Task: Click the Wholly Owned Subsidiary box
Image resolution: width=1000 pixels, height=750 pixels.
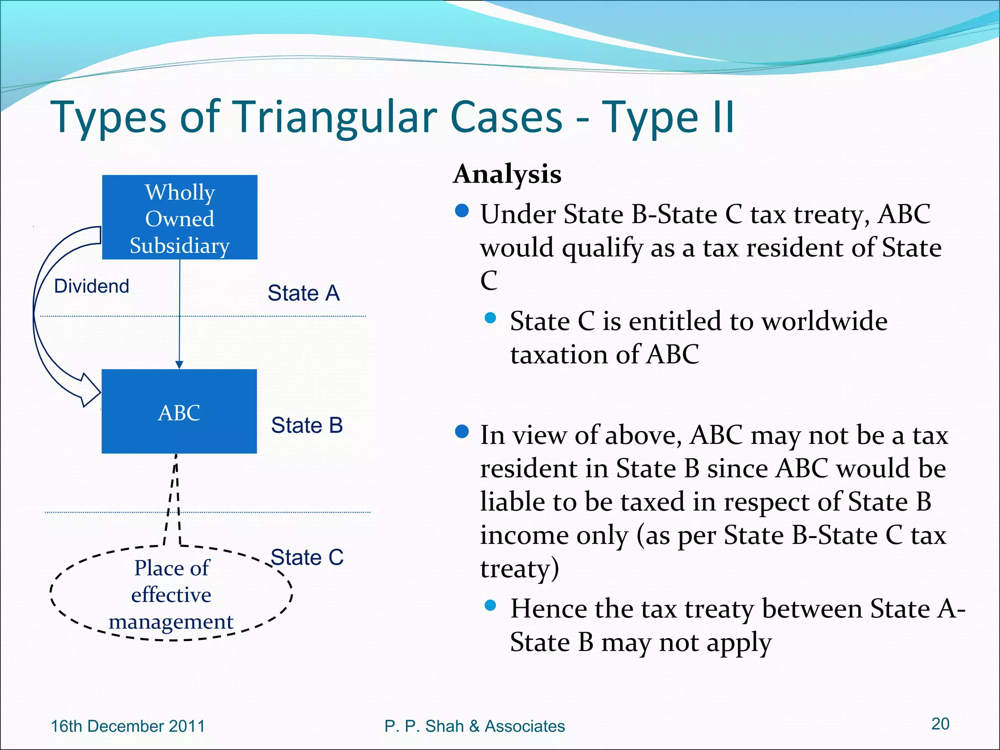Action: pos(179,217)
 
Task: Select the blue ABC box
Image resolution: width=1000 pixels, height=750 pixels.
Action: pos(179,412)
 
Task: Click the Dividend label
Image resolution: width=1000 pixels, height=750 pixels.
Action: pos(91,286)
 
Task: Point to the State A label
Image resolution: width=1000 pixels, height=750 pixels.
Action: pos(303,293)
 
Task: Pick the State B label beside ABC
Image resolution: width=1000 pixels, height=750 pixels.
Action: pos(307,425)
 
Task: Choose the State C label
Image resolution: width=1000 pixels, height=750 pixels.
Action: pos(307,557)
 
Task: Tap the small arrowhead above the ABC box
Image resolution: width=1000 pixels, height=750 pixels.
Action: pos(179,365)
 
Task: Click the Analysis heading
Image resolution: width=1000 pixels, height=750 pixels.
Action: pos(507,174)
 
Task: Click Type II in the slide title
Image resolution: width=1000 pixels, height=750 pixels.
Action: pos(667,117)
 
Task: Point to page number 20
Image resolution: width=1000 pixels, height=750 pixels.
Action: pos(940,724)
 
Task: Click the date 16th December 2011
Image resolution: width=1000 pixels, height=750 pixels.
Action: pos(128,726)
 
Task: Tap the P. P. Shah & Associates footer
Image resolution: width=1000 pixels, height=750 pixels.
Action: pos(474,726)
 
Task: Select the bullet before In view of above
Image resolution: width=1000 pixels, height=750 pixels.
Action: pos(461,432)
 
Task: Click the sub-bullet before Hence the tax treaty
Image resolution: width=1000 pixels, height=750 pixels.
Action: pos(490,606)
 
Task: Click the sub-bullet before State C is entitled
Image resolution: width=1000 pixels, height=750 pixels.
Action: pos(490,318)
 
